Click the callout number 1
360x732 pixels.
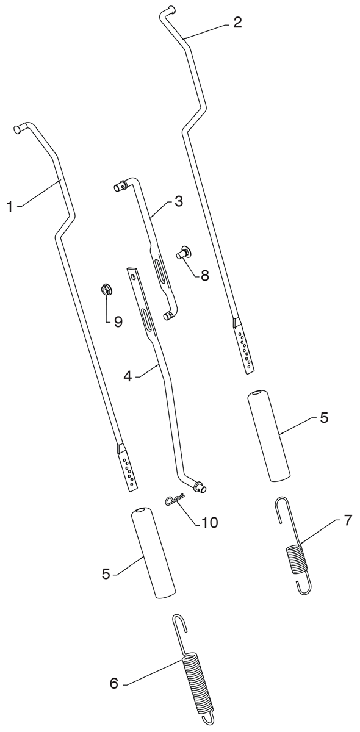(x=10, y=207)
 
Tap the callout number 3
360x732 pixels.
(x=178, y=201)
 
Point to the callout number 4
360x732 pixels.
(x=128, y=376)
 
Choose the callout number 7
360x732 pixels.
(x=347, y=520)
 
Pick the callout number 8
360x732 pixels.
(x=204, y=276)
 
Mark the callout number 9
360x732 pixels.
(x=118, y=322)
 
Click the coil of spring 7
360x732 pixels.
(x=295, y=559)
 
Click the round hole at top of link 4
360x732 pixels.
(x=133, y=276)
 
